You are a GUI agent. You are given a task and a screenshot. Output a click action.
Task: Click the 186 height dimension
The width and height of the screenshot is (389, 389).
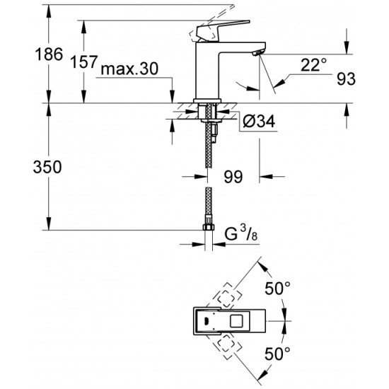(49, 54)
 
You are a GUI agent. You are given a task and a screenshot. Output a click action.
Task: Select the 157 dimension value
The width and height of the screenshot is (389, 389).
(83, 62)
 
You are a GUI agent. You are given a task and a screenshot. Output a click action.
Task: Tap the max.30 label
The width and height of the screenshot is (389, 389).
(129, 69)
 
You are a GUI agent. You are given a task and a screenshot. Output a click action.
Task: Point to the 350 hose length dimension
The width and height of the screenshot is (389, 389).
(47, 167)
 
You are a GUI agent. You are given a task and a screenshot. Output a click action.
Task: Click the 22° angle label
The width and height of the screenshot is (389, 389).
(313, 65)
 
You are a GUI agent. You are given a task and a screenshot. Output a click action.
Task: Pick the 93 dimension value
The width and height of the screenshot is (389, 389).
(346, 79)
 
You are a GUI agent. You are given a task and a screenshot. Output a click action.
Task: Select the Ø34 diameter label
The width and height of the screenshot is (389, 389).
(259, 122)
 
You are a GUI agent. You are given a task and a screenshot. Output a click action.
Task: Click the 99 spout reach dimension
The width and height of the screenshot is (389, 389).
(233, 177)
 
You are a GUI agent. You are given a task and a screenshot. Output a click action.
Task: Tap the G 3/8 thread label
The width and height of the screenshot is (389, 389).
(241, 234)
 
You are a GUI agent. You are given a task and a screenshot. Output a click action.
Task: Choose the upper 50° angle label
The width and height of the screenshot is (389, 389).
(277, 289)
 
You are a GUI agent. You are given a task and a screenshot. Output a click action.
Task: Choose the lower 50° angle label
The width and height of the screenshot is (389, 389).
(277, 354)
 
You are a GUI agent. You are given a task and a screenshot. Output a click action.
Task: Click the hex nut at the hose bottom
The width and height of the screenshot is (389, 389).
(209, 227)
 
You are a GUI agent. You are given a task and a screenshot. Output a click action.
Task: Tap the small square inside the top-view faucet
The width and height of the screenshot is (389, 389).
(238, 321)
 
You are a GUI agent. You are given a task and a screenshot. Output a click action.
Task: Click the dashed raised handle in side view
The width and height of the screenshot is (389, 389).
(211, 23)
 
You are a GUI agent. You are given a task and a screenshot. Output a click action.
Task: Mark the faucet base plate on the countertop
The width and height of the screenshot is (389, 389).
(207, 100)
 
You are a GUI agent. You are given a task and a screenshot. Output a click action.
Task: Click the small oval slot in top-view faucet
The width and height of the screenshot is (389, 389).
(206, 321)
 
